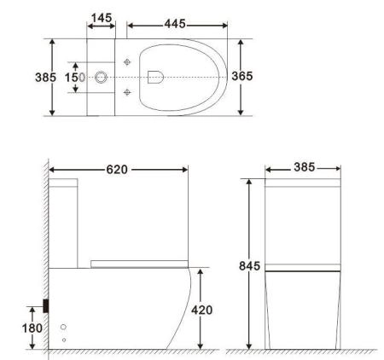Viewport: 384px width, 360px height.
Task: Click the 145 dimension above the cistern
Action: point(102,18)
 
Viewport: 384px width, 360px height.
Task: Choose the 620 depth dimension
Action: point(117,170)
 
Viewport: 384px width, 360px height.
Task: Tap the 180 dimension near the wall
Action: point(31,327)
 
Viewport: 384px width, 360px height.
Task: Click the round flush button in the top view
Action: point(102,78)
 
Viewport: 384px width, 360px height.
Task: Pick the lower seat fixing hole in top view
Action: point(127,91)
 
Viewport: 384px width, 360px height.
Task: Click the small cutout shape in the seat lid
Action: point(154,77)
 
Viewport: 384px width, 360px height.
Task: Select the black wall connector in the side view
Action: point(46,305)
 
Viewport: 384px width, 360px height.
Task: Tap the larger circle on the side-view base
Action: point(64,327)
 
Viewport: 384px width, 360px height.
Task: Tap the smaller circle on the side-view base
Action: point(64,340)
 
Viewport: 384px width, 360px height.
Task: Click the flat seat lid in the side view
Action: point(137,264)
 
